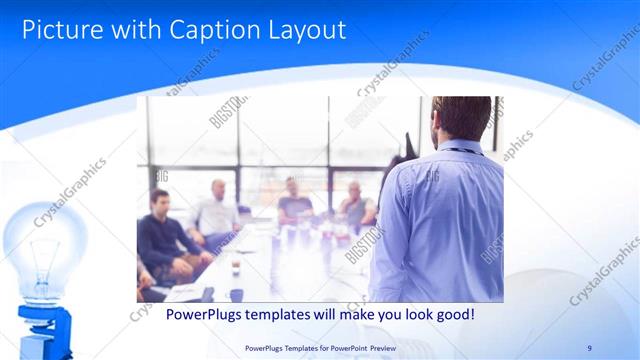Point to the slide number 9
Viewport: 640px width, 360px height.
pos(589,347)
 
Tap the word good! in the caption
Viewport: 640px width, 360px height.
pos(450,314)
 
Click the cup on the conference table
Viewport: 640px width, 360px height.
pos(234,265)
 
